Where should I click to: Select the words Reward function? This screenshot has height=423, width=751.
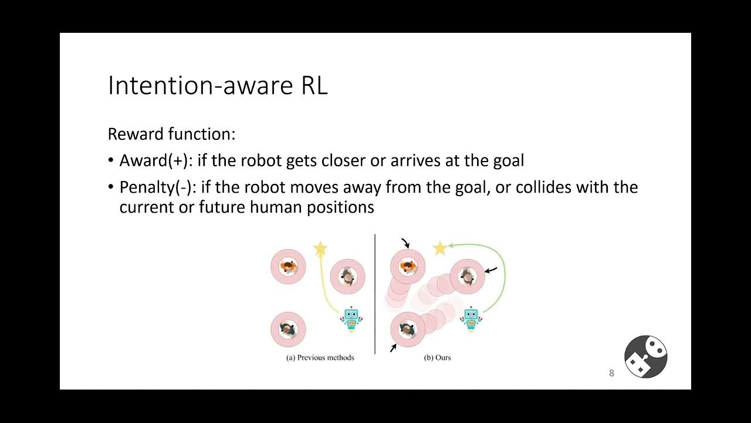pyautogui.click(x=171, y=134)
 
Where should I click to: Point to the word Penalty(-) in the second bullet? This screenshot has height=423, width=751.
pyautogui.click(x=157, y=187)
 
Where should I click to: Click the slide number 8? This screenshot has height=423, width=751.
pyautogui.click(x=611, y=373)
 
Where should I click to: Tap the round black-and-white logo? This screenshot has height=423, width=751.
pyautogui.click(x=645, y=357)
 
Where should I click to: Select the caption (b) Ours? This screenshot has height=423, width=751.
pyautogui.click(x=437, y=357)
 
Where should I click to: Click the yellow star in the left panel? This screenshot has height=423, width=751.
pyautogui.click(x=320, y=249)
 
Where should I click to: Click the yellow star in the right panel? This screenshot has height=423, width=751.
pyautogui.click(x=440, y=249)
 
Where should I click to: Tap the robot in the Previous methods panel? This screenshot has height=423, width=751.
pyautogui.click(x=351, y=319)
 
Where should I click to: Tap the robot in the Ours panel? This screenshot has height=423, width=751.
pyautogui.click(x=471, y=319)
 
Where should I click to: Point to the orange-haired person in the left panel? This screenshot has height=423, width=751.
pyautogui.click(x=288, y=267)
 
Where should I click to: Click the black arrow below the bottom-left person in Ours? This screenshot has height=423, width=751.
pyautogui.click(x=393, y=348)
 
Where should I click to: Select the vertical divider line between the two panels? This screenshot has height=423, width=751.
pyautogui.click(x=375, y=294)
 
